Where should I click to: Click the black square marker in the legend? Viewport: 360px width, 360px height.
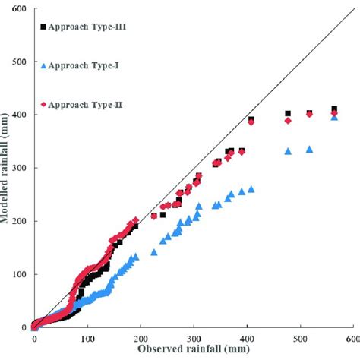43,27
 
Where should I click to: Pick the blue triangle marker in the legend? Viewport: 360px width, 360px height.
43,65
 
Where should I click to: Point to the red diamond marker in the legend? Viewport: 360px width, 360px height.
43,104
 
